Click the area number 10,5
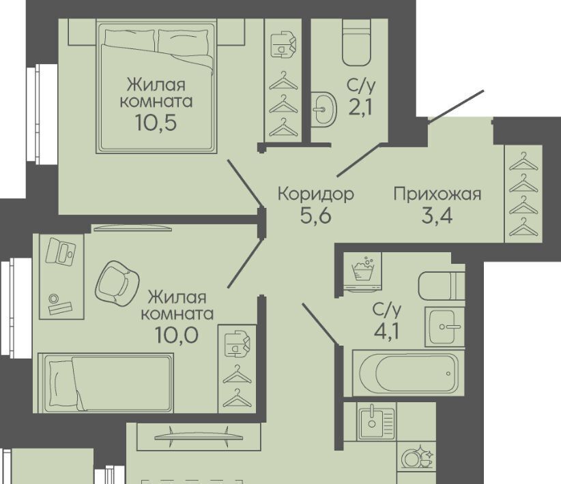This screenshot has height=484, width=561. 156,123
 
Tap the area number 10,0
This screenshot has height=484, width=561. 177,335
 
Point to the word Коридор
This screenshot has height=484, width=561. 316,194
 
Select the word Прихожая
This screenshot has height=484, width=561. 437,194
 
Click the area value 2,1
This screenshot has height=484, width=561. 361,106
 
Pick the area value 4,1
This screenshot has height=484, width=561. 386,331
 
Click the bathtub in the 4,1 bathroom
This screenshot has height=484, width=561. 408,373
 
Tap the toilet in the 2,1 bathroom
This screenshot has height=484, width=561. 356,42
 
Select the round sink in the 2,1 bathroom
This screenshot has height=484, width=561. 323,109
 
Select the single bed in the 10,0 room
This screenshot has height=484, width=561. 106,383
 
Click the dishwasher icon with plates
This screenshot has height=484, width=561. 416,456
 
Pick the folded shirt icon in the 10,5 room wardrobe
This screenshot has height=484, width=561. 283,45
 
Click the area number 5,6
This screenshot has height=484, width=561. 316,215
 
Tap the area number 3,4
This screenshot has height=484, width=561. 437,215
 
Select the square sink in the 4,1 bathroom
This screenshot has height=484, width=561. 445,327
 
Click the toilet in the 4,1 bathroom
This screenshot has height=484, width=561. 442,286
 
